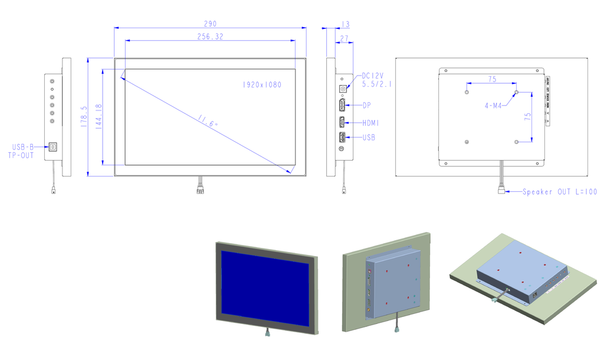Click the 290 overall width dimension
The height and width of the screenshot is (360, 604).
(211, 24)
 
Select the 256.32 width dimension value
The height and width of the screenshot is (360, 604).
(211, 37)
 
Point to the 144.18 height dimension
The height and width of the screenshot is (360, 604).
(98, 117)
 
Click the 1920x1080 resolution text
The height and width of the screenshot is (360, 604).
(262, 85)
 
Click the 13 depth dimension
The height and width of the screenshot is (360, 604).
(345, 24)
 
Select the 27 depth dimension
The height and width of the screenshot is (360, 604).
(344, 38)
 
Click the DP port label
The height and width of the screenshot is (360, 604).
(366, 105)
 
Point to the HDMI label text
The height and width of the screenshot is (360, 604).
(371, 123)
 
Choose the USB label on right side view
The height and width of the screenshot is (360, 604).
(369, 138)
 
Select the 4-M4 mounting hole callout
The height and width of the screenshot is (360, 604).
(494, 106)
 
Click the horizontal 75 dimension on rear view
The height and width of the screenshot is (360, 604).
(491, 78)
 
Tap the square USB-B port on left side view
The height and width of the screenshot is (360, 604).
(53, 146)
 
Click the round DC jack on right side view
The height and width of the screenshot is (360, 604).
(342, 89)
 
